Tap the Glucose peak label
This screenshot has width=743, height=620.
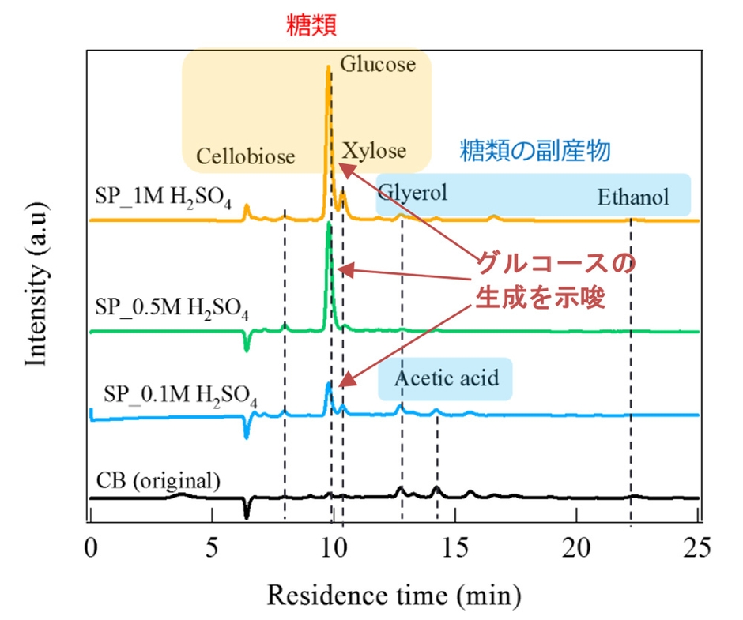378,64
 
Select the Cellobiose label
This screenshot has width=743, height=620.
246,156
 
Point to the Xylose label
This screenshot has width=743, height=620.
374,151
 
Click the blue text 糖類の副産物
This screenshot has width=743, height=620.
535,151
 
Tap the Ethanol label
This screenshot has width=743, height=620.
633,197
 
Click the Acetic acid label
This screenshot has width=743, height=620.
447,378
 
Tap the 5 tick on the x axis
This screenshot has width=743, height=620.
212,546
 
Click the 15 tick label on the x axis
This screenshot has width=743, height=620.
454,546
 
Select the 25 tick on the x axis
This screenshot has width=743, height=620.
697,546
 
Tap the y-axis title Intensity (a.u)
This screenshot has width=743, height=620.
36,291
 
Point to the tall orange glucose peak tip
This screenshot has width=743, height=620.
328,68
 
